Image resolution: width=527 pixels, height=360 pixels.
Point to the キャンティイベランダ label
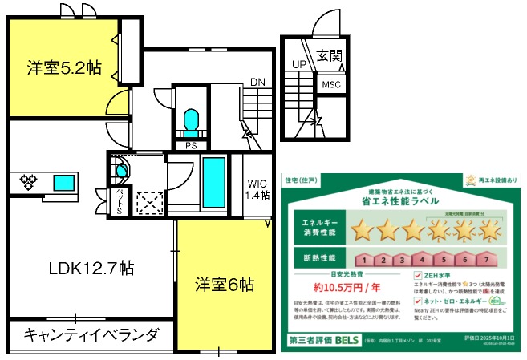tap(91, 334)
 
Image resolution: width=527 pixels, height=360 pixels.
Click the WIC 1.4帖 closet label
tap(258, 189)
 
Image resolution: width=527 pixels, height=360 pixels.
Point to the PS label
tap(191, 146)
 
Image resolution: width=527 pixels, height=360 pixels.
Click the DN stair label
tap(257, 82)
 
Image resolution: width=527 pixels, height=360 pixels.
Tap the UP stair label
tap(298, 64)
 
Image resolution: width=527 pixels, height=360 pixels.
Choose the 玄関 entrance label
tap(329, 56)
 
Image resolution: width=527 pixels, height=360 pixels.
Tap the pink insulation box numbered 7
tap(485, 260)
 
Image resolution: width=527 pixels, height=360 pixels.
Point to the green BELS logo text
tap(347, 341)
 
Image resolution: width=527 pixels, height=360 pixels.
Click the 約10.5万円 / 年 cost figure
tap(347, 286)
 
